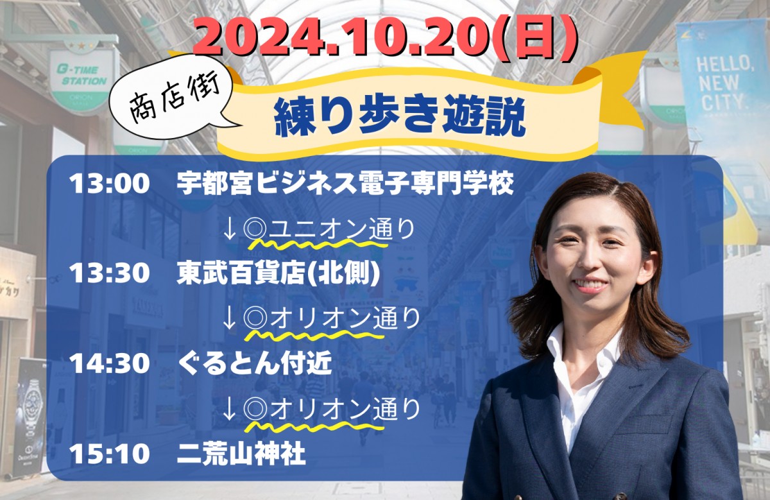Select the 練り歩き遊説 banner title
(x=400, y=117)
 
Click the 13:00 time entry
(x=109, y=184)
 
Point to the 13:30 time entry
(x=109, y=273)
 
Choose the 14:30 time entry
(x=109, y=363)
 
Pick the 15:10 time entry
(x=109, y=454)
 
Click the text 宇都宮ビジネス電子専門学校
(x=345, y=184)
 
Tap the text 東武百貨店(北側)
(x=278, y=273)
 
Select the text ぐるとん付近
(x=255, y=363)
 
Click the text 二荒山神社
(x=241, y=453)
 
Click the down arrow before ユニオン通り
(x=229, y=229)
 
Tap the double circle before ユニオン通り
(x=255, y=229)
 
